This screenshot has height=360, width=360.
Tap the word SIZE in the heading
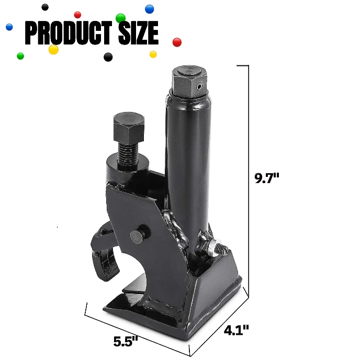pyautogui.click(x=138, y=32)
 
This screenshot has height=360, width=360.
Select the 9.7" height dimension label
pyautogui.click(x=267, y=178)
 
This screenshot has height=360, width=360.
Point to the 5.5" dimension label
pyautogui.click(x=126, y=341)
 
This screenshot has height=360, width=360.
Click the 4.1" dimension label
pyautogui.click(x=236, y=330)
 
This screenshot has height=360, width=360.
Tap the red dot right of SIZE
pyautogui.click(x=177, y=41)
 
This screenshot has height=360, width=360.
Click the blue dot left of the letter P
pyautogui.click(x=9, y=27)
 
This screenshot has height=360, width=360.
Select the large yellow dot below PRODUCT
pyautogui.click(x=53, y=49)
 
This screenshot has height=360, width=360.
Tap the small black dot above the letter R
pyautogui.click(x=45, y=7)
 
